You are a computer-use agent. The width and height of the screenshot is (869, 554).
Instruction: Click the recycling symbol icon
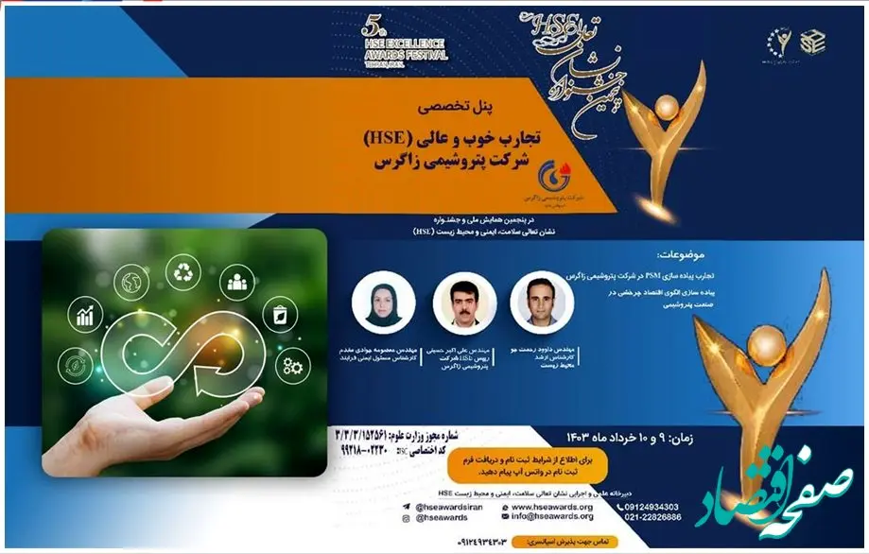click(182, 272)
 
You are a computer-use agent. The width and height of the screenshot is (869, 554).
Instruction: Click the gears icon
click(294, 365)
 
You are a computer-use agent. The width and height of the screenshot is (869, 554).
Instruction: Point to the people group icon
click(236, 282)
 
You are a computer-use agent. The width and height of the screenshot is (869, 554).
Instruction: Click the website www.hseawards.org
click(558, 506)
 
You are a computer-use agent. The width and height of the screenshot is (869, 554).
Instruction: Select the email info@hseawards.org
click(558, 516)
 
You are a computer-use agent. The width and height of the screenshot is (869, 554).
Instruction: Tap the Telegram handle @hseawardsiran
click(453, 506)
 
